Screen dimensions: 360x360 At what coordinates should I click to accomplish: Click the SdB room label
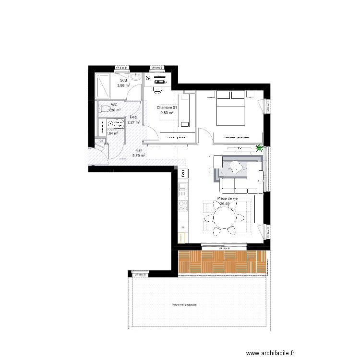pos(124,80)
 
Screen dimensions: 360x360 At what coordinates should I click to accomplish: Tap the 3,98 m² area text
pos(124,85)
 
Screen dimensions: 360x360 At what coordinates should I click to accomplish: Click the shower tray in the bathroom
pos(103,87)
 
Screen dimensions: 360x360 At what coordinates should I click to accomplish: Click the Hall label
pos(139,150)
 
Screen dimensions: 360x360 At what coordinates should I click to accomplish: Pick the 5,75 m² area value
pos(139,156)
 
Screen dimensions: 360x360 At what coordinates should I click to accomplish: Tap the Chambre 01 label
pos(167,108)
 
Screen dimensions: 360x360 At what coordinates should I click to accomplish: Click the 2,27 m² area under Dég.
pos(133,122)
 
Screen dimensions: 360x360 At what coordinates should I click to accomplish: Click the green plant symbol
pos(260,148)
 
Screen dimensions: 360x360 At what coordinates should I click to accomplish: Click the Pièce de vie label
pos(228,198)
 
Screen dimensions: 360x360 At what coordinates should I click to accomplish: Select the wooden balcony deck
pos(221,262)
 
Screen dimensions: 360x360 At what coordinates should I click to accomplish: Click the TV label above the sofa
pos(239,148)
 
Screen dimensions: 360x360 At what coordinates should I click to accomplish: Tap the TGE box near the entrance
pos(101,141)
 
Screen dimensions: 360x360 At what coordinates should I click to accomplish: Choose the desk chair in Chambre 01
pos(157,88)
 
